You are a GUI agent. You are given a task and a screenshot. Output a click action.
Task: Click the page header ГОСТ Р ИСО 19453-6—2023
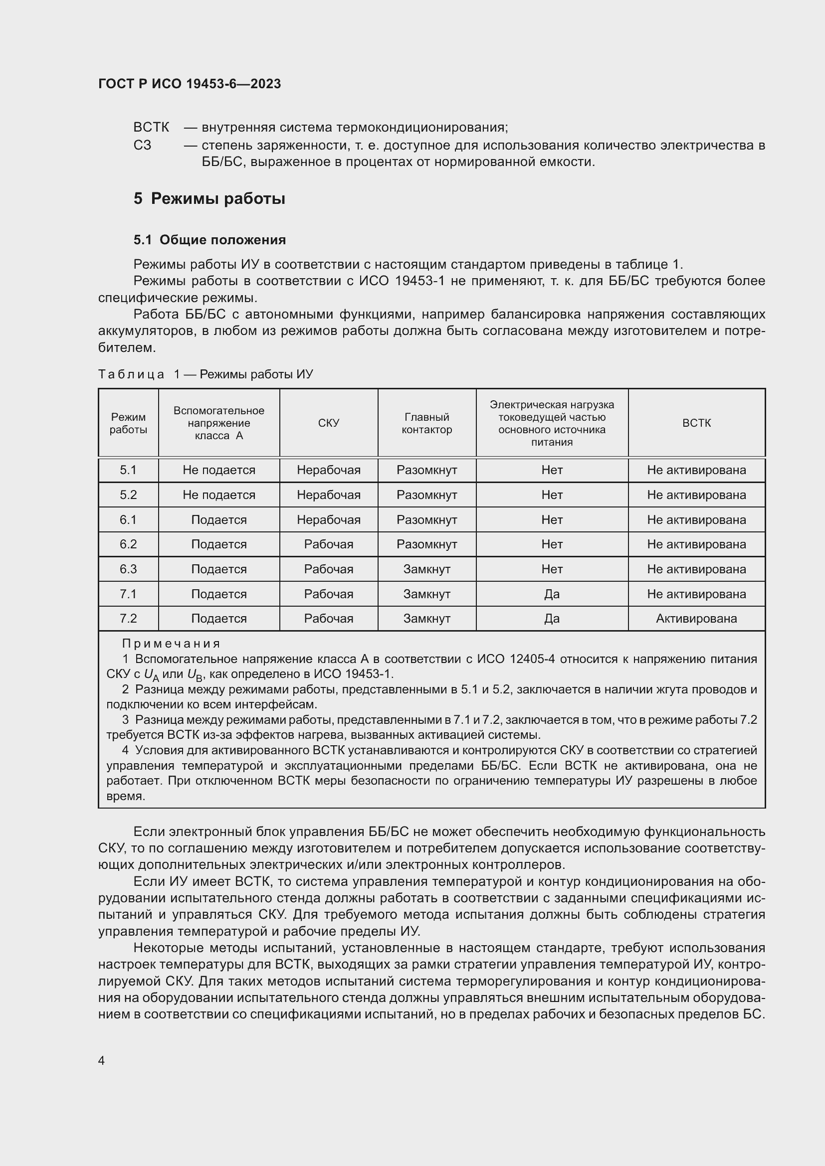click(x=189, y=84)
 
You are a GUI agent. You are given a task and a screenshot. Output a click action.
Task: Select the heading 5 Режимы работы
click(x=209, y=198)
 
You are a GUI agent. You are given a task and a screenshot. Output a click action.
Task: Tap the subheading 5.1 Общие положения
click(x=209, y=240)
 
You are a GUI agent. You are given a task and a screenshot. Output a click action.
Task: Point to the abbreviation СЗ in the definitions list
click(x=142, y=145)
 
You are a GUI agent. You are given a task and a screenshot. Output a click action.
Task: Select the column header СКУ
click(x=328, y=423)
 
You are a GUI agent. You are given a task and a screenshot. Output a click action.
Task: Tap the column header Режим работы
click(x=128, y=423)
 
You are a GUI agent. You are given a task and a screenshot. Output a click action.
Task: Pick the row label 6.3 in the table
click(x=128, y=569)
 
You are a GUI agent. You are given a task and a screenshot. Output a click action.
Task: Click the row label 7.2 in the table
click(x=128, y=618)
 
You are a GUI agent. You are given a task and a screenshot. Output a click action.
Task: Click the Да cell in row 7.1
click(x=551, y=594)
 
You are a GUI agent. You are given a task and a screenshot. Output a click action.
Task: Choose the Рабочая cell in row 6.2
click(x=328, y=544)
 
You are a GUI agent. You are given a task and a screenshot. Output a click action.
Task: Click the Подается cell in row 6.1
click(x=218, y=519)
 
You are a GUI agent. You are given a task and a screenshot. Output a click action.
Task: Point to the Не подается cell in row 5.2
click(x=218, y=495)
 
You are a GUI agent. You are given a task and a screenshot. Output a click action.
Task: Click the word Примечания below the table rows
click(x=171, y=644)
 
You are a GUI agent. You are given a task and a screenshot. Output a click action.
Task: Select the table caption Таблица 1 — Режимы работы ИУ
click(x=205, y=374)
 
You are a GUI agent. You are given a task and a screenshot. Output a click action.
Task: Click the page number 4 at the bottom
click(x=101, y=1060)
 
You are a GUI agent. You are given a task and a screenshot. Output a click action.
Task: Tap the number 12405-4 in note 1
click(x=530, y=659)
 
